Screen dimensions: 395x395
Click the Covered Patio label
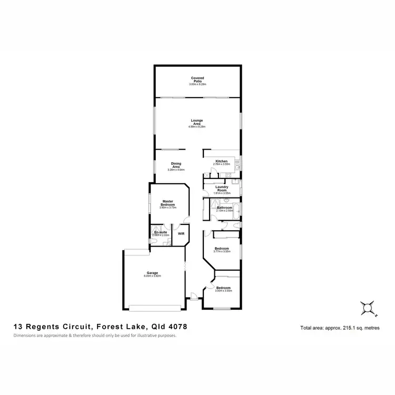pos(197,80)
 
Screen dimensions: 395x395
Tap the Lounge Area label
pos(197,122)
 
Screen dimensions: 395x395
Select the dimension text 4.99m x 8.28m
pos(197,127)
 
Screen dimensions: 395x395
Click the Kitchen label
pos(221,161)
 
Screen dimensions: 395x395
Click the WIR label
pos(181,233)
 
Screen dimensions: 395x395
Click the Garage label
pos(153,273)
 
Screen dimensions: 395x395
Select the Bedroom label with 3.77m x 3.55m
pos(221,248)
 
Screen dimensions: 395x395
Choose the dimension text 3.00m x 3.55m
pos(223,291)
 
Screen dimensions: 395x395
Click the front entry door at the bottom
pos(194,299)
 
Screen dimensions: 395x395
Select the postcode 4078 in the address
pos(176,327)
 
